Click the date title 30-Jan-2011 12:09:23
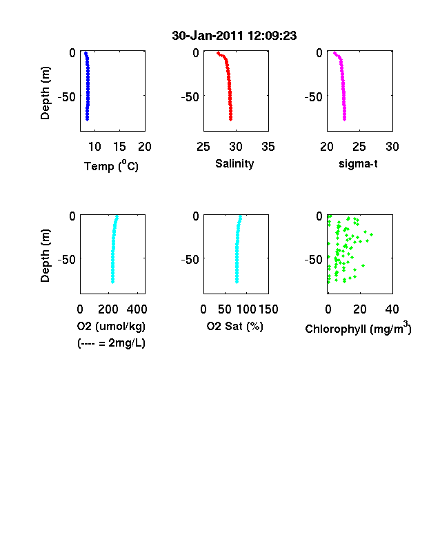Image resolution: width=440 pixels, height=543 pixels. [x=234, y=36]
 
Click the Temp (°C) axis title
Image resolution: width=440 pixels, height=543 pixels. [x=111, y=166]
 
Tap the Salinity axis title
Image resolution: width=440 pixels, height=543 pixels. [x=234, y=164]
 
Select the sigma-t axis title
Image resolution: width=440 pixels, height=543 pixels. [x=358, y=164]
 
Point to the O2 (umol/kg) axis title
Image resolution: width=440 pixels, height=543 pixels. [x=111, y=326]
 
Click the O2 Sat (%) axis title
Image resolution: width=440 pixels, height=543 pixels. [x=235, y=326]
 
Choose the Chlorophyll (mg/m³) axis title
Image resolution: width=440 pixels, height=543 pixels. [x=358, y=328]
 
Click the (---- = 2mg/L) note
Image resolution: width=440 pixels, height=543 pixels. [x=111, y=343]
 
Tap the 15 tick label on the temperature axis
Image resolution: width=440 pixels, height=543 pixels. [x=119, y=147]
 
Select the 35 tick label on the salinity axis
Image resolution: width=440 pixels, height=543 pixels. [x=268, y=147]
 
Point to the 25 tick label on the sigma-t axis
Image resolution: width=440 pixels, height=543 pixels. [x=359, y=147]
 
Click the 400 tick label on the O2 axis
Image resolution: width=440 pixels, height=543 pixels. [x=137, y=309]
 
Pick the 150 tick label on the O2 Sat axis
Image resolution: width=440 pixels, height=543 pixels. [x=268, y=309]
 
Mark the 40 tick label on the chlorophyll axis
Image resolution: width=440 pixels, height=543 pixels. [x=392, y=309]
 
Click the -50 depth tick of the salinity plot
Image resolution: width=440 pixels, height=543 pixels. [x=190, y=97]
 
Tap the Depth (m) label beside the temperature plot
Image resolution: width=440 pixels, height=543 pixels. [x=45, y=93]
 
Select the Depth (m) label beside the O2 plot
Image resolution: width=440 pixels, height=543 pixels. [x=45, y=256]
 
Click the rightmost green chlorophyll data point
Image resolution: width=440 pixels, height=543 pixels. [x=372, y=235]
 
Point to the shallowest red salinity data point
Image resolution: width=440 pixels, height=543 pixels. [x=218, y=53]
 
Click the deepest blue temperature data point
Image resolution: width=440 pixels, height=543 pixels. [x=88, y=119]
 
